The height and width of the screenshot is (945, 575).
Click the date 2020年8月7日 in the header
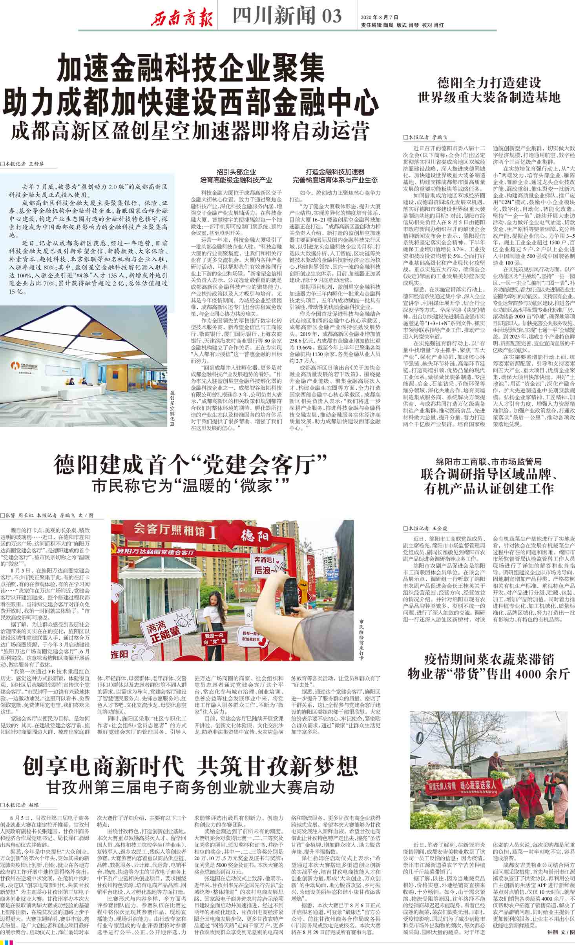pos(379,17)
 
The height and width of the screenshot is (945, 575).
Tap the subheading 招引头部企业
pos(236,172)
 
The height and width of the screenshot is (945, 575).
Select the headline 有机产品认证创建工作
pos(489,488)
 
